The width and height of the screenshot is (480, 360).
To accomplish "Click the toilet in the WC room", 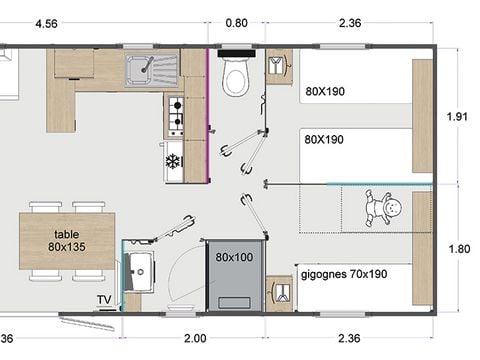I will [236, 77].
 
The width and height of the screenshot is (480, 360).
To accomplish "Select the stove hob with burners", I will [175, 116].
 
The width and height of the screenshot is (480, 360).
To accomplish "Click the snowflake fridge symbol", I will [172, 160].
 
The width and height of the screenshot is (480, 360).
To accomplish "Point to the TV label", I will [104, 299].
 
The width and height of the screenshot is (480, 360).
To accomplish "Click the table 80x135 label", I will [66, 240].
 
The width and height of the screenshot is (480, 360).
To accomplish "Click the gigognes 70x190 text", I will [343, 273].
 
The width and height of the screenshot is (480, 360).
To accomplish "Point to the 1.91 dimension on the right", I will [459, 117].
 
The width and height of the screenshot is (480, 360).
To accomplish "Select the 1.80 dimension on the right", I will [459, 250].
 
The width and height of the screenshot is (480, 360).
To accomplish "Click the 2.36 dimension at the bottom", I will [350, 339].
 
